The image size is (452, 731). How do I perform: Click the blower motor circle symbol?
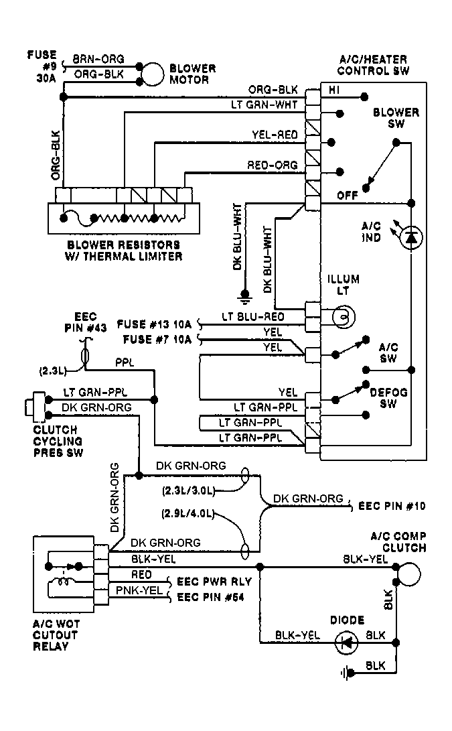click(x=153, y=74)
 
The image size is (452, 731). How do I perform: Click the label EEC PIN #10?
click(x=392, y=505)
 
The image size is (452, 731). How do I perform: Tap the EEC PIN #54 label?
click(x=209, y=596)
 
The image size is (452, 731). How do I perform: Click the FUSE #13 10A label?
click(x=155, y=324)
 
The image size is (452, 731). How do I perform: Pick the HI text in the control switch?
click(x=333, y=89)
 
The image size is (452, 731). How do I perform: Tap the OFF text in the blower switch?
click(x=346, y=195)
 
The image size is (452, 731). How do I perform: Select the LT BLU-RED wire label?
click(x=252, y=316)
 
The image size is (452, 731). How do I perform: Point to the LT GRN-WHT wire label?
click(x=265, y=105)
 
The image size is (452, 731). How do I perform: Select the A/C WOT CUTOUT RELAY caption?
click(x=56, y=635)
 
